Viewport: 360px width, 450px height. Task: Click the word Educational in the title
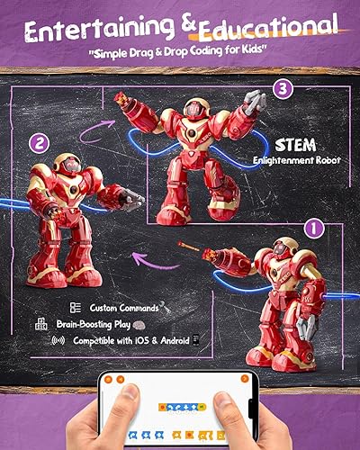click(x=262, y=26)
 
